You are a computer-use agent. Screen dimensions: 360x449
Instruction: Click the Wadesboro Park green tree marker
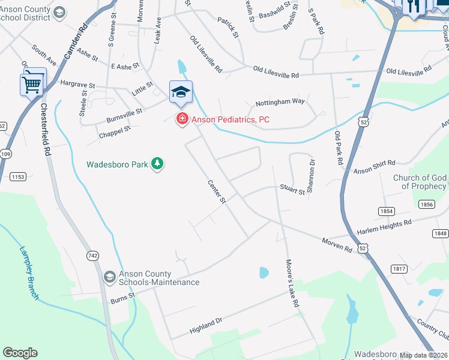tap(157, 163)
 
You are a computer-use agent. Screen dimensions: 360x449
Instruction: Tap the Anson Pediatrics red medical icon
tap(181, 120)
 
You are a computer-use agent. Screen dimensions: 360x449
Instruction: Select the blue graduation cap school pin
tap(181, 93)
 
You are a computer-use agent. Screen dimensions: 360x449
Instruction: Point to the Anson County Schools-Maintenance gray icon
tap(109, 277)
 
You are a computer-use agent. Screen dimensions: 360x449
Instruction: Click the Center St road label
tap(217, 191)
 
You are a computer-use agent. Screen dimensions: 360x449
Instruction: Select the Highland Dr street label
tap(206, 326)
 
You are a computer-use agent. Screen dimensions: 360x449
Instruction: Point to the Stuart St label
tap(292, 190)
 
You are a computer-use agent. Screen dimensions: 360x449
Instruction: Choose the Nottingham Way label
tap(280, 101)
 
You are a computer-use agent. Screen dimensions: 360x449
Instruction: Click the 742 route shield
tap(92, 256)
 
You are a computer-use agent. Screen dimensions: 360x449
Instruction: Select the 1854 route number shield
tap(387, 211)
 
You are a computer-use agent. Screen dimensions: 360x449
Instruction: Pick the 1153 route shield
tap(18, 176)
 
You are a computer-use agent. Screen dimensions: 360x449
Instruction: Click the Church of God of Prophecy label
tap(420, 182)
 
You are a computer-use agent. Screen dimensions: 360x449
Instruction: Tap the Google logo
tap(20, 353)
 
